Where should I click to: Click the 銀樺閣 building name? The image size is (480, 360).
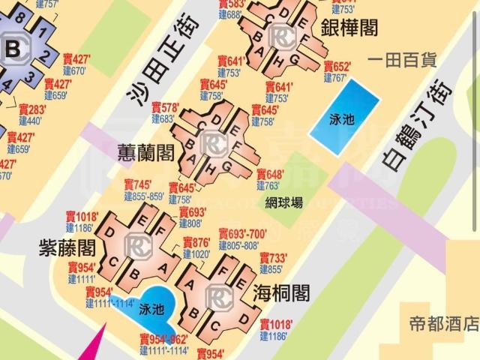[349, 28]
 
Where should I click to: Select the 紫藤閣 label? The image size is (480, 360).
[67, 247]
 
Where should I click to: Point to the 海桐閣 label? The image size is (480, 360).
[281, 292]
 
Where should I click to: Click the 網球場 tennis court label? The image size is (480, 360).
[284, 202]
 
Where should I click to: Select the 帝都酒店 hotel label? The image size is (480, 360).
[444, 324]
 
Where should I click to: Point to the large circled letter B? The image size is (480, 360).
[13, 50]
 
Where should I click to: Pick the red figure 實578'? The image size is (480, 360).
[165, 108]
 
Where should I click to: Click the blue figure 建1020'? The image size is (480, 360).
[197, 254]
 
